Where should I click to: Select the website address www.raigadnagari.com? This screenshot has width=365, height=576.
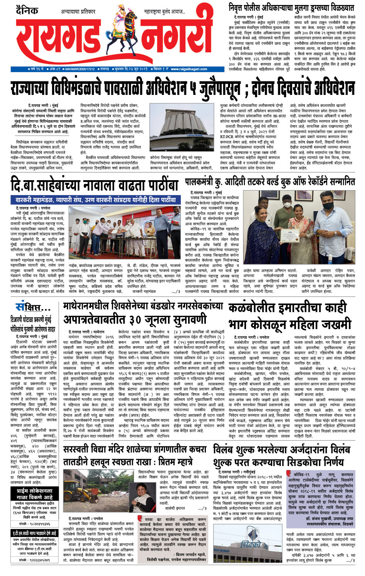click(189, 69)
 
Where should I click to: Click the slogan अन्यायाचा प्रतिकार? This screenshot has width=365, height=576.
click(78, 12)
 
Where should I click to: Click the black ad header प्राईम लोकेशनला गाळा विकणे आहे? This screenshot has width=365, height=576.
click(34, 494)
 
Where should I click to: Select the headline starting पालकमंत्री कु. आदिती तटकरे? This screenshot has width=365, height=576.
click(270, 182)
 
